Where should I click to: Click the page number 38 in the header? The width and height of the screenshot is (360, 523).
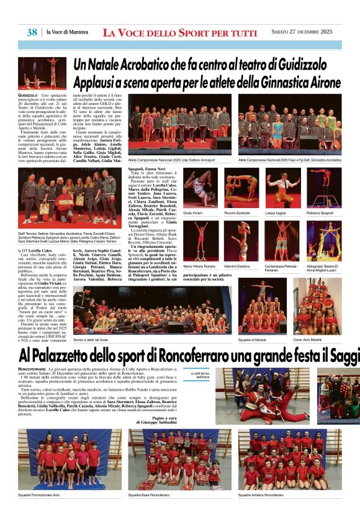click(32, 32)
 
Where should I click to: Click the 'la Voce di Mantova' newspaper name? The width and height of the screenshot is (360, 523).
click(68, 32)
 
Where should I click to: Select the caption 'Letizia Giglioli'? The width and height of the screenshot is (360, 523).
click(276, 212)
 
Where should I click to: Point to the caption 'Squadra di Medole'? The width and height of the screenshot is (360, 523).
click(254, 340)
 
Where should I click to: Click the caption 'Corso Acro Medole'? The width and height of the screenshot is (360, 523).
click(307, 340)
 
